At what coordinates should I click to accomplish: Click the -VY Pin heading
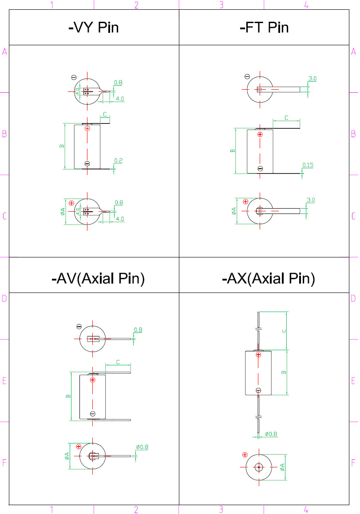click(x=94, y=28)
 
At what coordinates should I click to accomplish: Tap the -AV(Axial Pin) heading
click(x=98, y=279)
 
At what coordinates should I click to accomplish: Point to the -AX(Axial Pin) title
click(x=268, y=279)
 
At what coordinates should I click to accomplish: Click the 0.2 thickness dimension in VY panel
click(x=119, y=160)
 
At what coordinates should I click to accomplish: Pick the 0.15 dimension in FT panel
click(x=308, y=165)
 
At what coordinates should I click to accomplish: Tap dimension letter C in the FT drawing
click(x=286, y=118)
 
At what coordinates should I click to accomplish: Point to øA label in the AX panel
click(x=282, y=467)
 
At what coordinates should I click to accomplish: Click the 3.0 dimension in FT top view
click(x=312, y=79)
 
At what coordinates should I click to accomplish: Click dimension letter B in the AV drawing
click(x=68, y=396)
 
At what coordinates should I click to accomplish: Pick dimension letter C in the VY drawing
click(x=105, y=115)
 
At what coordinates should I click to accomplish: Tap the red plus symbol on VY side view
click(x=87, y=129)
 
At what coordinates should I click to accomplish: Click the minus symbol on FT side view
click(x=260, y=168)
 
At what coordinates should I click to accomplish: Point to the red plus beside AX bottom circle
click(x=245, y=455)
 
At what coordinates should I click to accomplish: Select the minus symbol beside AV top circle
click(x=79, y=327)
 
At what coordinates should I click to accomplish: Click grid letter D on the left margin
click(x=4, y=298)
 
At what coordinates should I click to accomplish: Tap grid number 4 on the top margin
click(x=306, y=5)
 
